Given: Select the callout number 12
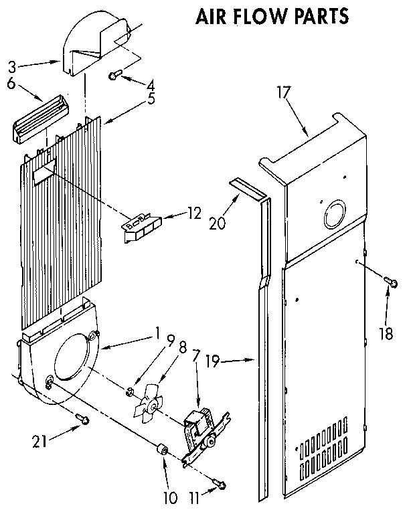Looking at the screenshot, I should [194, 213].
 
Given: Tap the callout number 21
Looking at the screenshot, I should [41, 440].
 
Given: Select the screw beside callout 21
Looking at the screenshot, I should [82, 418].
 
